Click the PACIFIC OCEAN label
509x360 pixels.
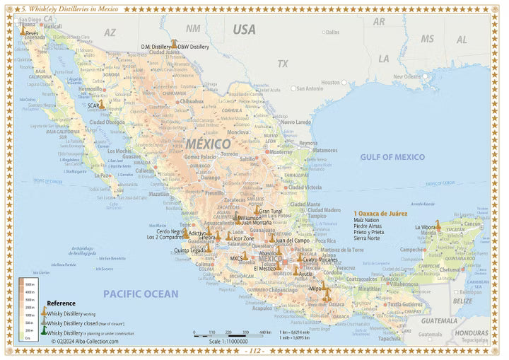pos(139,293)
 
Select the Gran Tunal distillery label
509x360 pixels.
pos(271,211)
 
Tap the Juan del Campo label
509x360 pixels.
pos(290,241)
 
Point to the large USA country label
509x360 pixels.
pos(245,29)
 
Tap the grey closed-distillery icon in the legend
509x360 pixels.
pos(43,322)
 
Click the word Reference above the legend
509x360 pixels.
pos(62,302)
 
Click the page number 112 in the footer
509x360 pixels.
pos(254,352)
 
